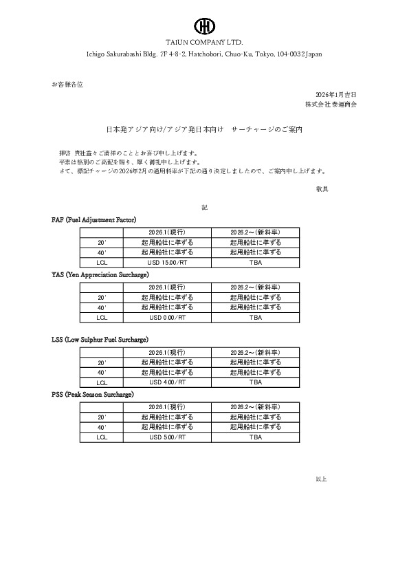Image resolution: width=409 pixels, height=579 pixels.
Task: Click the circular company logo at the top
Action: click(x=204, y=26)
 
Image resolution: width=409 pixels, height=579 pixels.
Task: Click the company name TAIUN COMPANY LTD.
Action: click(x=204, y=42)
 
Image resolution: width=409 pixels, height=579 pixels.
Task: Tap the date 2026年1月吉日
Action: click(x=336, y=94)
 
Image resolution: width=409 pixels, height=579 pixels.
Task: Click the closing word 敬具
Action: click(x=322, y=188)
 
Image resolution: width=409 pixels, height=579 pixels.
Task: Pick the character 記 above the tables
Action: click(x=204, y=207)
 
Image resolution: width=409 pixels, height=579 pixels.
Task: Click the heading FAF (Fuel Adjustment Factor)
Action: click(x=94, y=219)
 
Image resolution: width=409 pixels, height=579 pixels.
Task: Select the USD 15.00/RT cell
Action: click(x=167, y=263)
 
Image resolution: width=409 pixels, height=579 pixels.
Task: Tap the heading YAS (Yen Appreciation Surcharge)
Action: click(x=100, y=274)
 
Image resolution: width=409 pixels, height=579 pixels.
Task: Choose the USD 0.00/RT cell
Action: click(x=167, y=318)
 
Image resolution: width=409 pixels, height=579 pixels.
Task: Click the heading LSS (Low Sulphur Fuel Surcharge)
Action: click(x=100, y=340)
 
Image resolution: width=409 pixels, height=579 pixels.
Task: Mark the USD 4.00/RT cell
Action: click(x=167, y=382)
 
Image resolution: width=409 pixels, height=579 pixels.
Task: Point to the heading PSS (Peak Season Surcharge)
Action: click(x=93, y=395)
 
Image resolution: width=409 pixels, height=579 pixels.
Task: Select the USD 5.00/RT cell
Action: click(x=167, y=437)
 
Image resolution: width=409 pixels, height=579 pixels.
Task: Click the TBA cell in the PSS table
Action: click(x=256, y=437)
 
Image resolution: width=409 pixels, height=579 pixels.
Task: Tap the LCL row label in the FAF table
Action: click(x=102, y=263)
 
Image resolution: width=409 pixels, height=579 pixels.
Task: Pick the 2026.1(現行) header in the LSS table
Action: click(x=167, y=351)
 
